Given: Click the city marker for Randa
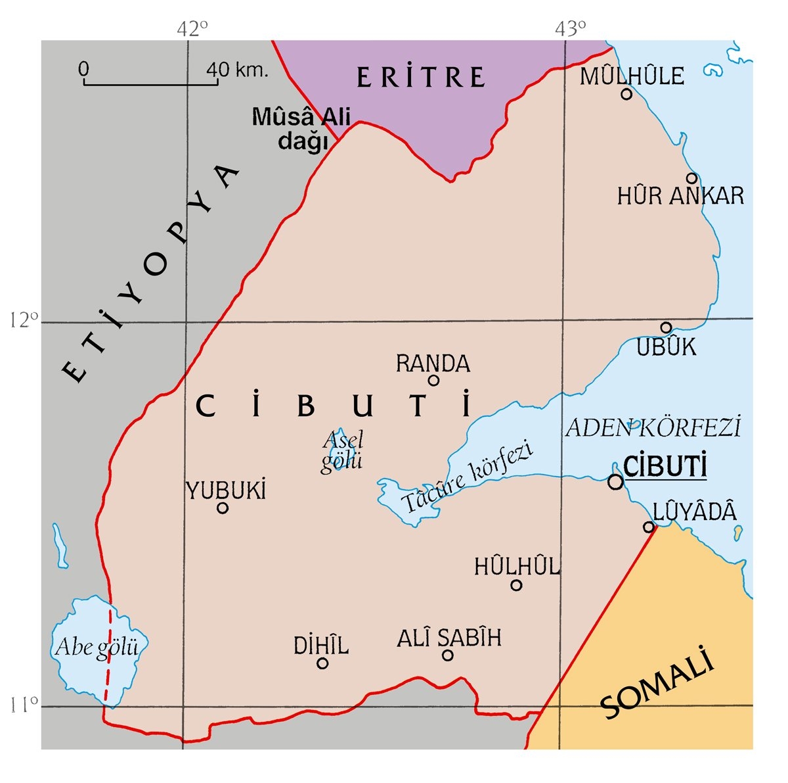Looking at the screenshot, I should pyautogui.click(x=433, y=380).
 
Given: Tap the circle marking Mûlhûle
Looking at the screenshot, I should pyautogui.click(x=626, y=94).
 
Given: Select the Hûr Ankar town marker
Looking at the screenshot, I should pyautogui.click(x=691, y=178).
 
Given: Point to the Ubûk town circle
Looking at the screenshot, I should pyautogui.click(x=666, y=328).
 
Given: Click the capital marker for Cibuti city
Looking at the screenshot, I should pyautogui.click(x=615, y=482).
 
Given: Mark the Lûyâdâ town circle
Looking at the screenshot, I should pyautogui.click(x=649, y=527).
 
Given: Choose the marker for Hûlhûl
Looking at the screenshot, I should pyautogui.click(x=516, y=584).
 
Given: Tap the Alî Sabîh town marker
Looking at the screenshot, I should pyautogui.click(x=448, y=655).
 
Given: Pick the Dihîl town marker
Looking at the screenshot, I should pyautogui.click(x=322, y=663).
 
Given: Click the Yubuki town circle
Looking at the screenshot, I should pyautogui.click(x=223, y=508).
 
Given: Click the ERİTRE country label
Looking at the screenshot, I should pyautogui.click(x=421, y=78).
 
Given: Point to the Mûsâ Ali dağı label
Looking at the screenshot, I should pyautogui.click(x=302, y=129).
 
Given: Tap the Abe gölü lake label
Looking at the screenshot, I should pyautogui.click(x=97, y=648).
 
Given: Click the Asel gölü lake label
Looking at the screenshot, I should pyautogui.click(x=342, y=451).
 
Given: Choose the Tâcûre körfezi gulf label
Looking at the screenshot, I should pyautogui.click(x=467, y=477).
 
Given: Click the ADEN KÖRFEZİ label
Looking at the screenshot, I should pyautogui.click(x=653, y=428).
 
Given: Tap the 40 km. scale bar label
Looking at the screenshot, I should pyautogui.click(x=238, y=69).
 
